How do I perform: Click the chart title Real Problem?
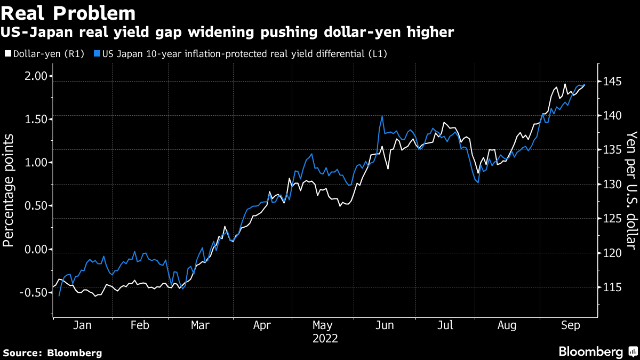pyautogui.click(x=68, y=12)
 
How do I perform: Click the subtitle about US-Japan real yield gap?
pyautogui.click(x=229, y=33)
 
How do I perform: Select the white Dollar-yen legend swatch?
pyautogui.click(x=7, y=54)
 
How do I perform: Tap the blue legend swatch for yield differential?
pyautogui.click(x=97, y=54)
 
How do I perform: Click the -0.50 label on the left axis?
pyautogui.click(x=31, y=292)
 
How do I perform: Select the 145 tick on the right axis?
pyautogui.click(x=612, y=82)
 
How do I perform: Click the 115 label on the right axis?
pyautogui.click(x=612, y=287)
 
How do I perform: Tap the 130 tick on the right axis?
pyautogui.click(x=612, y=185)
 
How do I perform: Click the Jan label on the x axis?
pyautogui.click(x=83, y=326)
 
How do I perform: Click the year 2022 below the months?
pyautogui.click(x=325, y=339)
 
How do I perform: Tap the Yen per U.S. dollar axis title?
pyautogui.click(x=631, y=190)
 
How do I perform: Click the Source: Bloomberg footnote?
pyautogui.click(x=52, y=353)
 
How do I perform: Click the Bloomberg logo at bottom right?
pyautogui.click(x=597, y=351)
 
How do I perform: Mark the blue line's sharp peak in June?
pyautogui.click(x=382, y=116)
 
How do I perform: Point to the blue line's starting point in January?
pyautogui.click(x=59, y=295)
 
